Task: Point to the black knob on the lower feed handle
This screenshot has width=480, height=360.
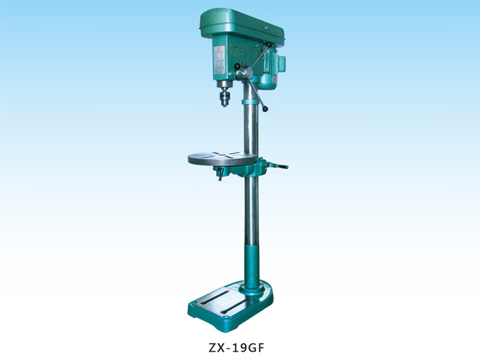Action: tap(265, 109)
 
